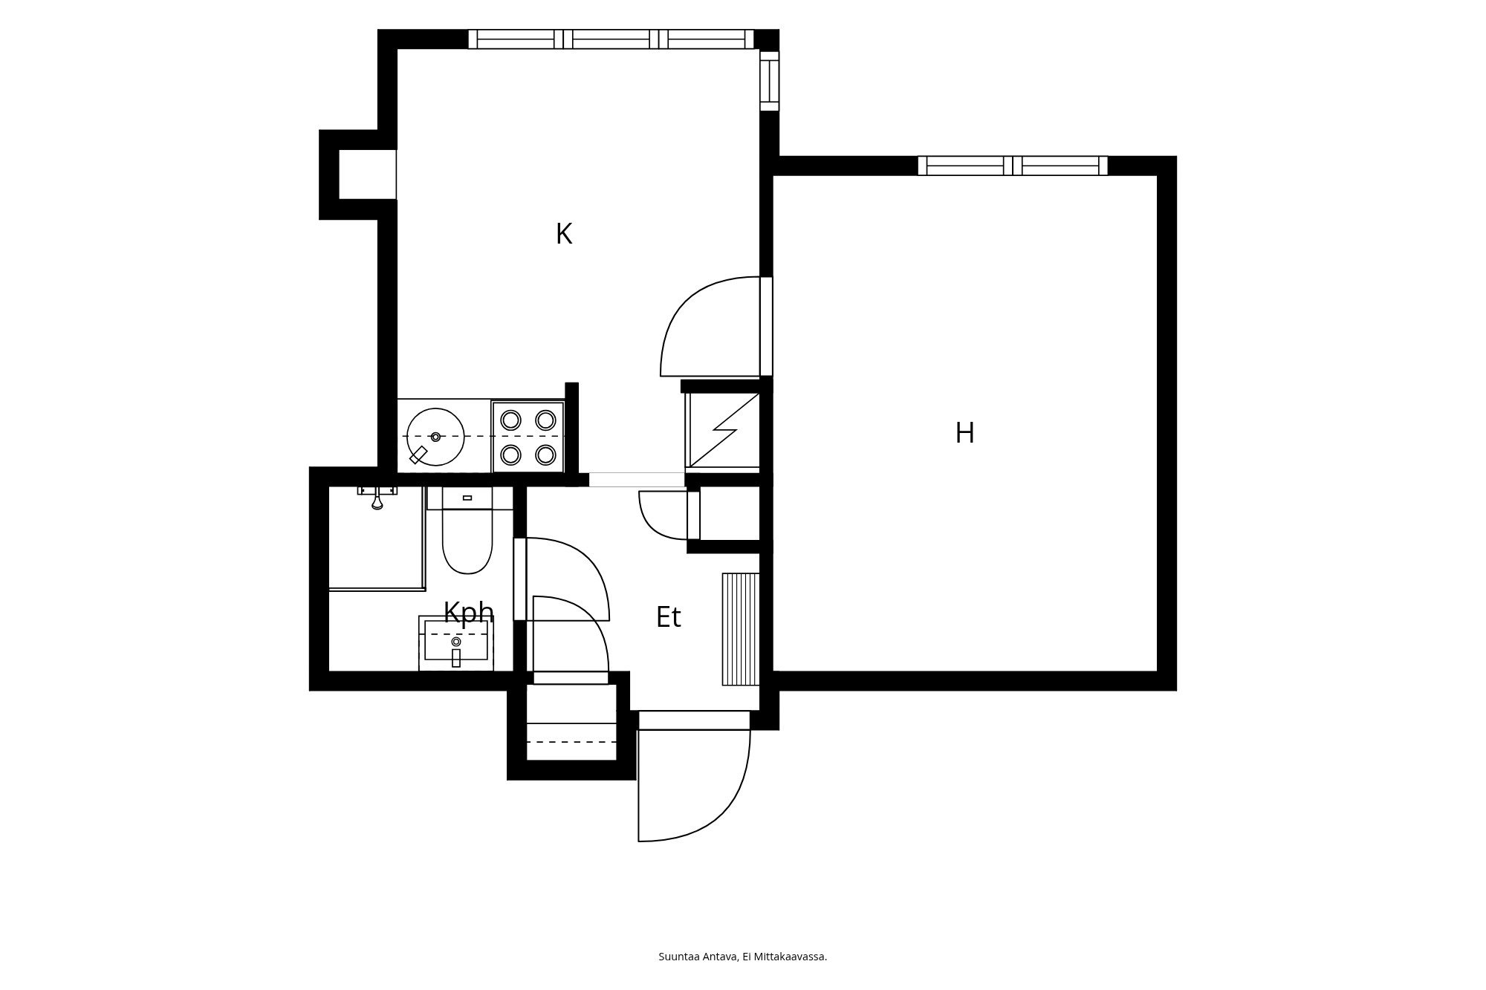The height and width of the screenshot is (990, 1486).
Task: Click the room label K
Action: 564,234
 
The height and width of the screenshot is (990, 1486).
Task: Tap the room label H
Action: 964,433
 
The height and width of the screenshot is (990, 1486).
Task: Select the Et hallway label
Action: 668,617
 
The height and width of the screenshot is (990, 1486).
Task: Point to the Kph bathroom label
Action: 469,613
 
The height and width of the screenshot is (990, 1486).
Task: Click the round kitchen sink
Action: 435,437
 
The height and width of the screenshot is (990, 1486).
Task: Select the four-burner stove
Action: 528,437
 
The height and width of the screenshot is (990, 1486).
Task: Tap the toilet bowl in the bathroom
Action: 467,541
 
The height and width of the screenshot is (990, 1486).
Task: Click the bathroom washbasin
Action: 456,643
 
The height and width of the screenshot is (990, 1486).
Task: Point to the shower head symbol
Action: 377,498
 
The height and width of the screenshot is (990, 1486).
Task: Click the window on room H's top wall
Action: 1013,166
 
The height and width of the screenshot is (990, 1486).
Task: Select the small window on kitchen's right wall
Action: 770,81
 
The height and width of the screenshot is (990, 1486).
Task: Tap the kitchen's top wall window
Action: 611,39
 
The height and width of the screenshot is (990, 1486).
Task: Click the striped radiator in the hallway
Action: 741,629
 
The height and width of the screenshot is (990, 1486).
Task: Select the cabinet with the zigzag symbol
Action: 723,430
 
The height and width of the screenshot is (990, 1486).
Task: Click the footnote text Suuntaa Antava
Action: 698,957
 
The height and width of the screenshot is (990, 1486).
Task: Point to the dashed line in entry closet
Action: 571,742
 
